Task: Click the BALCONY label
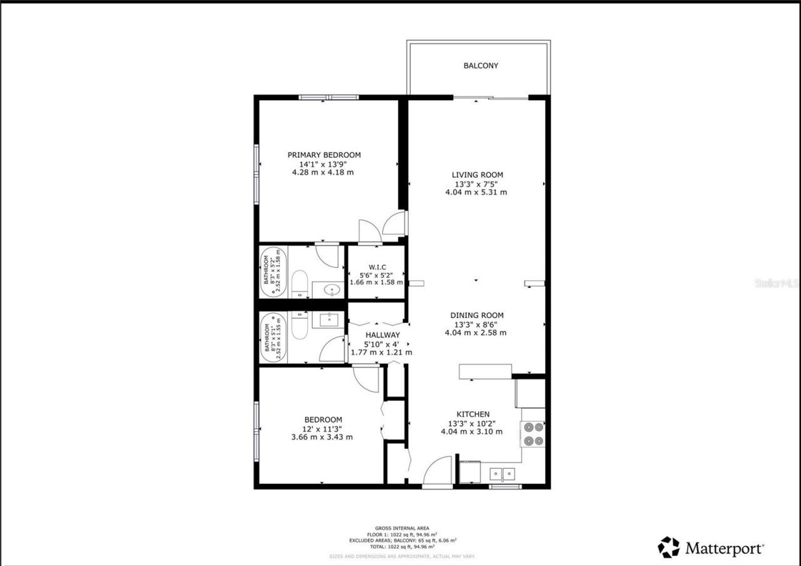481,65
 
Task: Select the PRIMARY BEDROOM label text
324,155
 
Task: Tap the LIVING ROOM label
477,175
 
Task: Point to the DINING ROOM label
477,316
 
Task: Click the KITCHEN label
472,414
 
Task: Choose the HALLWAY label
382,335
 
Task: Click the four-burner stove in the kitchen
533,434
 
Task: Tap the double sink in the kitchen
503,473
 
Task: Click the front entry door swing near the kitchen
438,471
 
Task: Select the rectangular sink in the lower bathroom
329,320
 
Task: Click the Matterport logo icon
668,547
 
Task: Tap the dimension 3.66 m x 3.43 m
322,437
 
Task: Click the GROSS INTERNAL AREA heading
402,528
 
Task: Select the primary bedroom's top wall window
329,97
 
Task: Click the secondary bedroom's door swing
366,379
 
